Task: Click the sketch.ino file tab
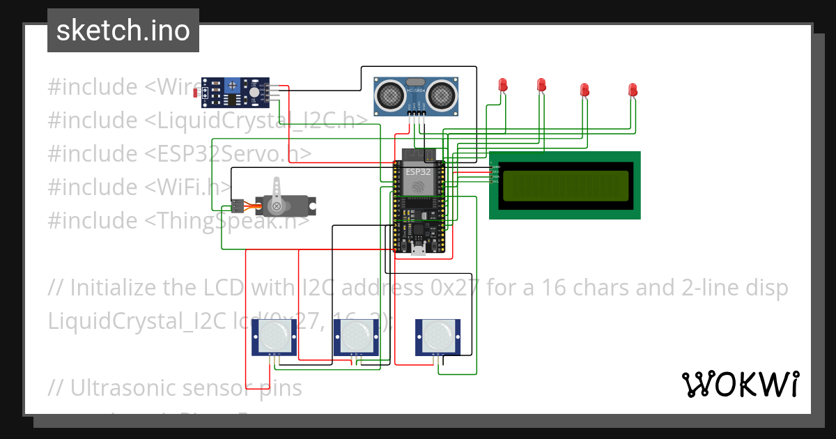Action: coord(123,31)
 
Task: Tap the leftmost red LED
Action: coord(503,85)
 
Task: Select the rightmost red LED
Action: coord(633,89)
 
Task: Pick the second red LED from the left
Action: coord(541,85)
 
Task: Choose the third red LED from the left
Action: coord(585,89)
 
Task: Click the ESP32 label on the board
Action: coord(418,171)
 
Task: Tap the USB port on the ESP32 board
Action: coord(418,250)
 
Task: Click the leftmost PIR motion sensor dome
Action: coord(274,338)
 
